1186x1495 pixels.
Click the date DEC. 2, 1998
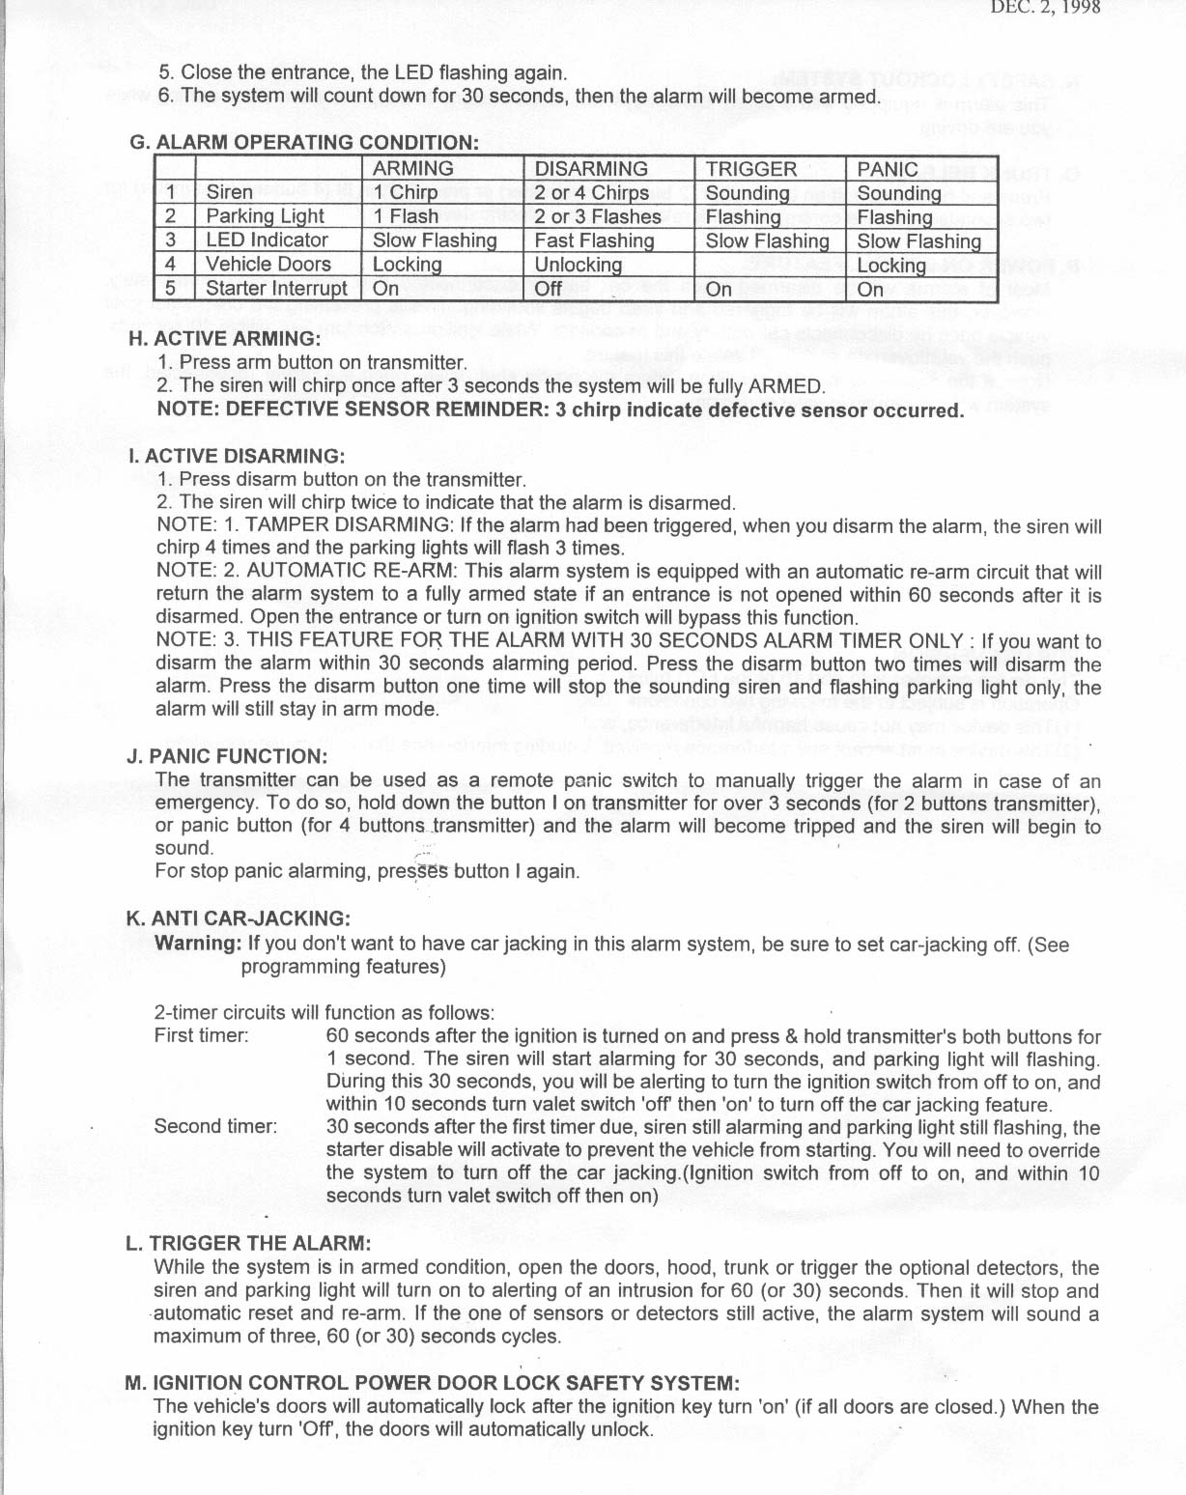point(1045,9)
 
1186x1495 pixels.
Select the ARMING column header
point(412,168)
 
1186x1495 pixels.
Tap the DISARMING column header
point(591,168)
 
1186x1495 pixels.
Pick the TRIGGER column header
point(750,168)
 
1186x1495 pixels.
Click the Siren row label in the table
point(229,192)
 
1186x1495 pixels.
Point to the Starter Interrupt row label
point(276,288)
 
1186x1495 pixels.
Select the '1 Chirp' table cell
point(406,192)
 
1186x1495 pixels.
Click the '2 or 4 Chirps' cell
point(592,192)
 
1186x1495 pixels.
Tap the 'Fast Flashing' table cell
point(594,240)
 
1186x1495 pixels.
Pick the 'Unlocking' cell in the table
point(578,265)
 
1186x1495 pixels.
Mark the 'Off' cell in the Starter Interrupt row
point(549,288)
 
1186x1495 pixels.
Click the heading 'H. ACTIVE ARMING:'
point(223,338)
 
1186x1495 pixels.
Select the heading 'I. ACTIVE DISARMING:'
point(236,455)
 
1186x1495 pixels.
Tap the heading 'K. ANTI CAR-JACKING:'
point(238,918)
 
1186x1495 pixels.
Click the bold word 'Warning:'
point(198,943)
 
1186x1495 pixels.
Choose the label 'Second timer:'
point(215,1126)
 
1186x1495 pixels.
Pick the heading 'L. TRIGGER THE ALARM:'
point(247,1243)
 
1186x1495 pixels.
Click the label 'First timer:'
point(201,1036)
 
